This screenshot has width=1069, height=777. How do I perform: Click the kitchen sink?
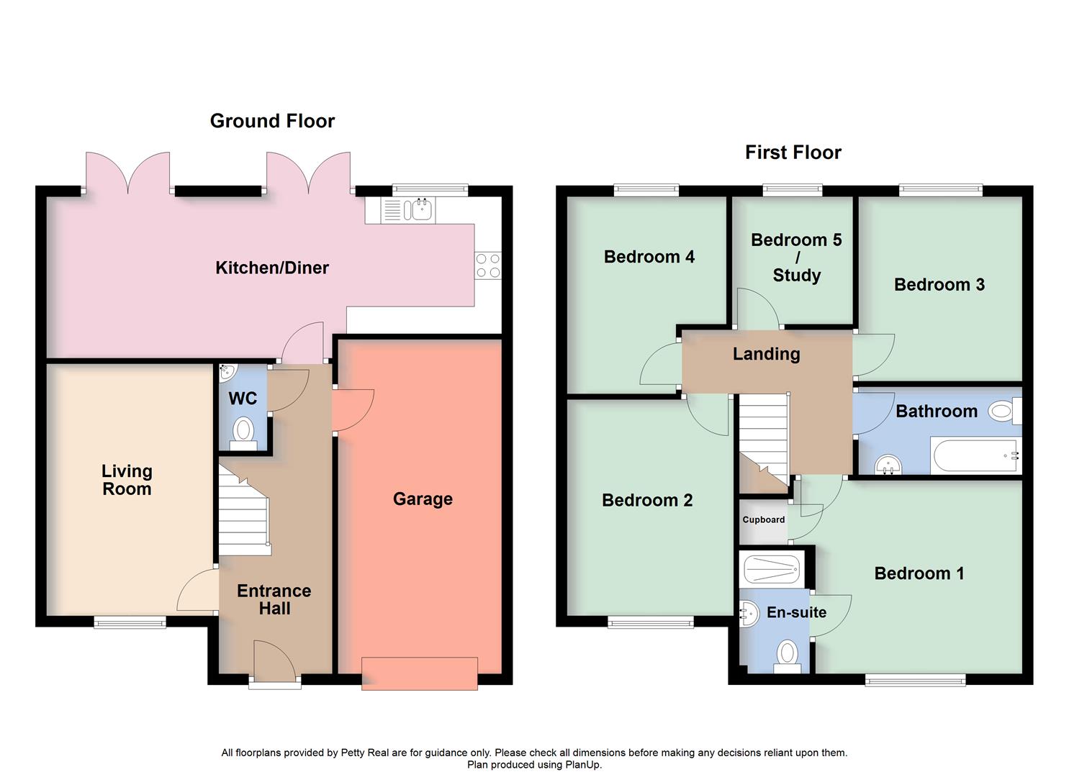(418, 209)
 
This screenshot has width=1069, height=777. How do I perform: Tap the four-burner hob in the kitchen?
(487, 266)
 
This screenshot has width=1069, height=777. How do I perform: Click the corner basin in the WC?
(227, 372)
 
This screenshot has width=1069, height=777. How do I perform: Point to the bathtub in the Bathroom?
(975, 455)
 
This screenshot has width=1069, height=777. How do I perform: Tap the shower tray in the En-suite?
(771, 569)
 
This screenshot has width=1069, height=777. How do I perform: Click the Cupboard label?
(763, 519)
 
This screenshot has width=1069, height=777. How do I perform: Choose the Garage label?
(423, 499)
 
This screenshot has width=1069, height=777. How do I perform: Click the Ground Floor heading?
(272, 121)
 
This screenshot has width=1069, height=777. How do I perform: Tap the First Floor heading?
(793, 153)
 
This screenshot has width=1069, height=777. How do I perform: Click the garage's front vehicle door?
(419, 674)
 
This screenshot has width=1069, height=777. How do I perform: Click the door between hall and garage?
(353, 410)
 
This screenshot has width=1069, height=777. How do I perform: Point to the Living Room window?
(130, 622)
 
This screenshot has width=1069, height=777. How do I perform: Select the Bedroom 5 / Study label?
(796, 257)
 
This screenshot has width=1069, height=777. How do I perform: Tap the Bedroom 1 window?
(915, 679)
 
